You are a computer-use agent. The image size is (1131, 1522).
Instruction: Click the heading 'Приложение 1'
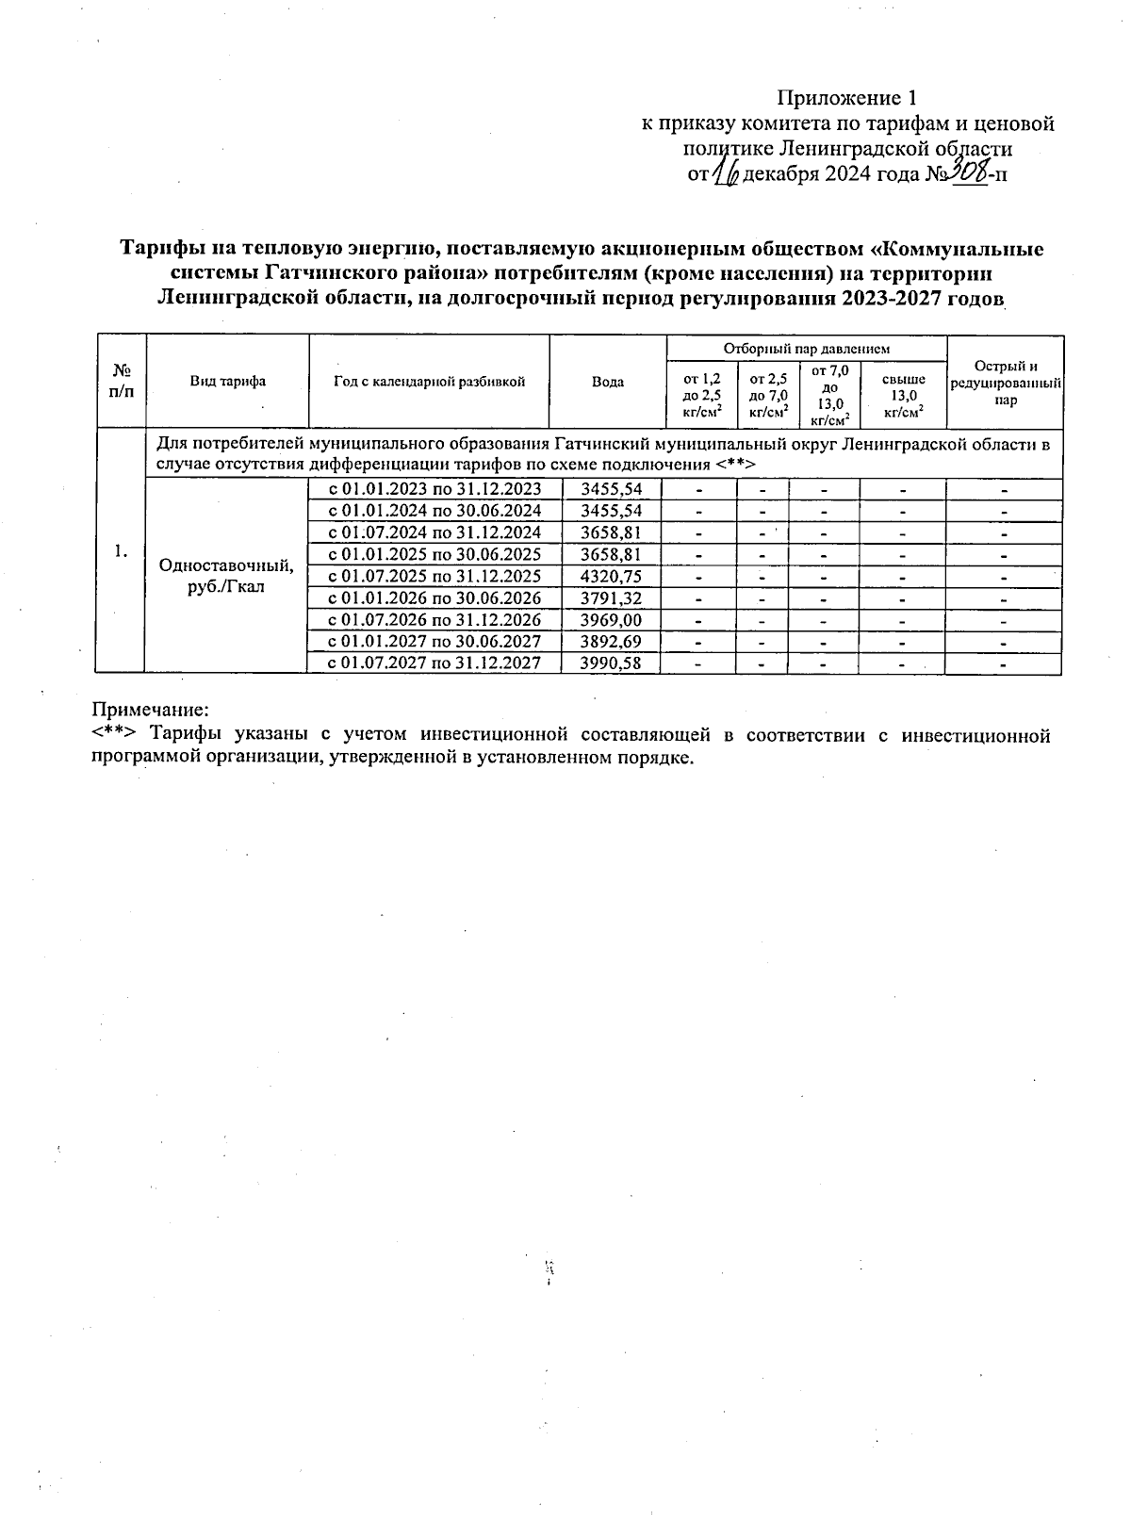845,98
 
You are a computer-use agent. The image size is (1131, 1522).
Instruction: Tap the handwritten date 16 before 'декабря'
726,173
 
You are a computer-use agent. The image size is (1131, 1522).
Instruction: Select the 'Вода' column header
608,382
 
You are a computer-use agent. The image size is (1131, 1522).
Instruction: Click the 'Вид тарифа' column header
227,382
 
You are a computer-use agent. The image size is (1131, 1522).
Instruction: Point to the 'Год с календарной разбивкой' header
429,382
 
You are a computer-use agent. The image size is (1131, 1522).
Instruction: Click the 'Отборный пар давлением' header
806,349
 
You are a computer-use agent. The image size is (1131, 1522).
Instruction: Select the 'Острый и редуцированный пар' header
1005,383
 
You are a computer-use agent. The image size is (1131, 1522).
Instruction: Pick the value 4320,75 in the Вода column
612,576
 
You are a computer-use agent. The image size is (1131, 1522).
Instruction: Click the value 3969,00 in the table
612,620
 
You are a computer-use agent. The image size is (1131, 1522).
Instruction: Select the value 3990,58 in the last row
612,663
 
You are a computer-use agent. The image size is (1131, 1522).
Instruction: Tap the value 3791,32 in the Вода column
612,598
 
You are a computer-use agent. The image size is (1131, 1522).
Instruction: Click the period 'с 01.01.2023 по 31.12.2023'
434,489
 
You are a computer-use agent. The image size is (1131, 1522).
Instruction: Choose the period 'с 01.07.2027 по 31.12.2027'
434,663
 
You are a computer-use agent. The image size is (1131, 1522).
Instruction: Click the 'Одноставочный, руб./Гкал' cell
226,576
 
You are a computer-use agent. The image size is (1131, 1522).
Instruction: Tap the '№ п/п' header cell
121,382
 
